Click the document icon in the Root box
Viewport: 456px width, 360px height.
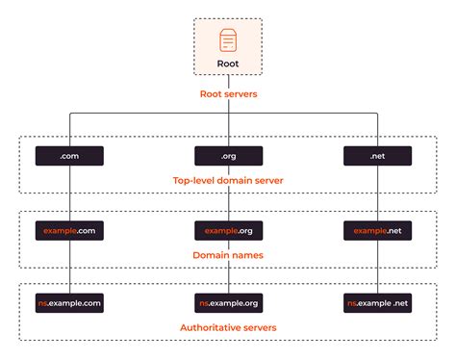point(228,40)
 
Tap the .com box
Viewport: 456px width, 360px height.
point(69,156)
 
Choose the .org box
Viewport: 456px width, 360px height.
point(228,156)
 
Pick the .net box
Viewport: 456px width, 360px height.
point(377,156)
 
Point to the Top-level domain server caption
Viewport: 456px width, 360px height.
point(228,179)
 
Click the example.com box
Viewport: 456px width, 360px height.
point(69,231)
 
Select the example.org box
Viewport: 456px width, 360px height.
point(228,231)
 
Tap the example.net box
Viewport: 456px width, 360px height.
point(377,231)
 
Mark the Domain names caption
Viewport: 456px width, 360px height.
point(228,254)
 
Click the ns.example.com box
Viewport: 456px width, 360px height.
point(69,303)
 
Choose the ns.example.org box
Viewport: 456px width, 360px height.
point(228,303)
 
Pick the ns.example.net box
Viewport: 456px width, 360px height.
point(377,303)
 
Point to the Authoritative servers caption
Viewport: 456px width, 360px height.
point(228,327)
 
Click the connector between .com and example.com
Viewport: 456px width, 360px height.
point(69,193)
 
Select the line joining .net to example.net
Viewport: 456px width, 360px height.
point(377,193)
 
